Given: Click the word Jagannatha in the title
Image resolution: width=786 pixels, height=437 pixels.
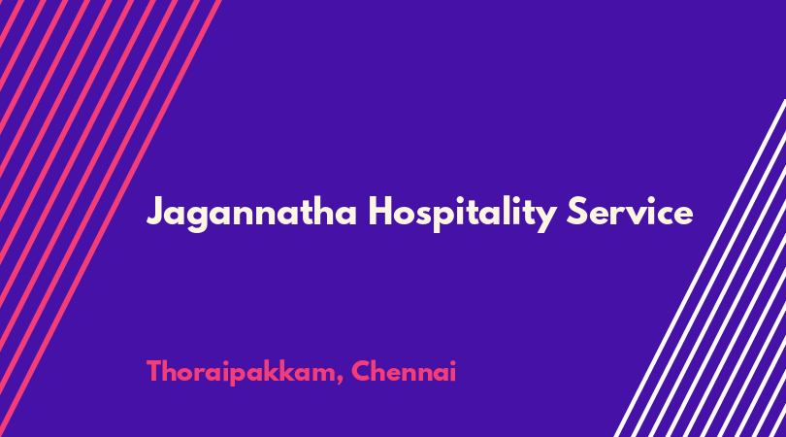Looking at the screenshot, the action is pyautogui.click(x=251, y=214).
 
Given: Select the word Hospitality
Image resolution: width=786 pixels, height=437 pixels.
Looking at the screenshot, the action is pyautogui.click(x=462, y=213).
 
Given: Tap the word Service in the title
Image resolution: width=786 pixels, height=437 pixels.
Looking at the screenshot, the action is pyautogui.click(x=630, y=211).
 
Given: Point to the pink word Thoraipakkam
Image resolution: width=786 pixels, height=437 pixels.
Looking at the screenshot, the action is pyautogui.click(x=241, y=373).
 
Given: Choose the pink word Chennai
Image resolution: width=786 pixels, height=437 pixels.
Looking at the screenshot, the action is pyautogui.click(x=404, y=371).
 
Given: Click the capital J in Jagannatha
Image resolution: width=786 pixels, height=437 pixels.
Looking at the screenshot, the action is pyautogui.click(x=156, y=212).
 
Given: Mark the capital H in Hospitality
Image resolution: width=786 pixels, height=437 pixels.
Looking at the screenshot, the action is pyautogui.click(x=380, y=211).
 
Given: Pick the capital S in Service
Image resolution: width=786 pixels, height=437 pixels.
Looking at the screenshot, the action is pyautogui.click(x=577, y=211).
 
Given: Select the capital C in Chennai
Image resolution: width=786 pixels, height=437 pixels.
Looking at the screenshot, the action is pyautogui.click(x=361, y=371).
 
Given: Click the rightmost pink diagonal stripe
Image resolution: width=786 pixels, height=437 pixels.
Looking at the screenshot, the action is pyautogui.click(x=110, y=218).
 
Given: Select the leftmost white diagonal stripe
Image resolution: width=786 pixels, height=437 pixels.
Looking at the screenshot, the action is pyautogui.click(x=700, y=268).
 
